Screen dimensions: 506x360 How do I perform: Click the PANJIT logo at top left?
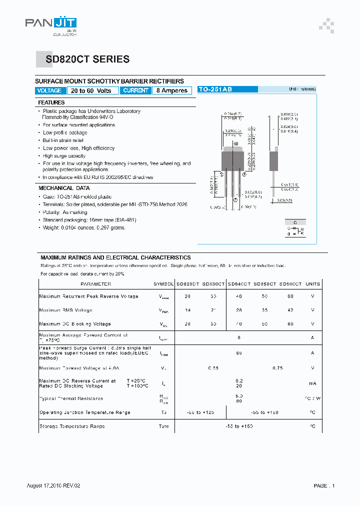[51, 24]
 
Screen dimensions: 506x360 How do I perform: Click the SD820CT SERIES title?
[87, 59]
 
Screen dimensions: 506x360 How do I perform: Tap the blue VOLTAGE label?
[49, 90]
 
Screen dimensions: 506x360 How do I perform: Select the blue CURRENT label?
[135, 90]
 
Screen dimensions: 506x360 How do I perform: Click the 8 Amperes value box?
[172, 90]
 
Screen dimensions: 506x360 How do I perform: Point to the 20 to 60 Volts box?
[91, 90]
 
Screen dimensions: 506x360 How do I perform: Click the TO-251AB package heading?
[215, 89]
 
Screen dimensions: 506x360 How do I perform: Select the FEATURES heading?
[51, 102]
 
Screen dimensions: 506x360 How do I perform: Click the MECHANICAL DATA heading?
[64, 188]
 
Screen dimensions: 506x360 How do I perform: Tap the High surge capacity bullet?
[64, 156]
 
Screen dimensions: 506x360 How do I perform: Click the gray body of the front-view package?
[232, 160]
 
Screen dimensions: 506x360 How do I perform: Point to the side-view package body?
[273, 160]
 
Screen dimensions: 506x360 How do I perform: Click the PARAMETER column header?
[96, 284]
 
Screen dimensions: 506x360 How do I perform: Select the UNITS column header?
[312, 284]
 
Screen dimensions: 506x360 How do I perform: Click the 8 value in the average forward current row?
[239, 338]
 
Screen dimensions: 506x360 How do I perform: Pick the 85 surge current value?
[239, 353]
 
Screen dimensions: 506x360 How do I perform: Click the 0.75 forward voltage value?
[277, 368]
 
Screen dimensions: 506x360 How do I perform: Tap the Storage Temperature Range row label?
[72, 426]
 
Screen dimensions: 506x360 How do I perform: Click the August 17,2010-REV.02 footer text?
[53, 485]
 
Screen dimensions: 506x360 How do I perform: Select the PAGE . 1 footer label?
[324, 485]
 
